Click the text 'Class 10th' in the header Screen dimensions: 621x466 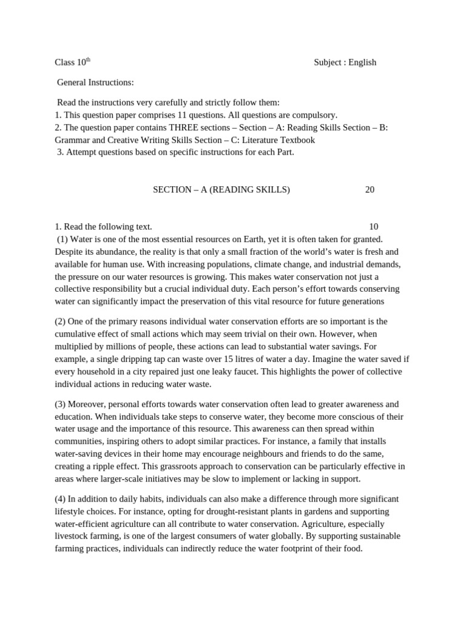[x=72, y=62]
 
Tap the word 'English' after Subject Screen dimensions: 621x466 [x=362, y=62]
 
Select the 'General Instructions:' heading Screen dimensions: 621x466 [x=95, y=82]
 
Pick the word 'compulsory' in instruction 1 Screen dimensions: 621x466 [x=315, y=115]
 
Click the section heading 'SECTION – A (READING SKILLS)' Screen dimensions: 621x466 [x=221, y=190]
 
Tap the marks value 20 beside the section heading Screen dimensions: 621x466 [x=370, y=190]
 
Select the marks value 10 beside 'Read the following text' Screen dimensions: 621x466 [x=373, y=227]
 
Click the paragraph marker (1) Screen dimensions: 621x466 [x=62, y=239]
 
